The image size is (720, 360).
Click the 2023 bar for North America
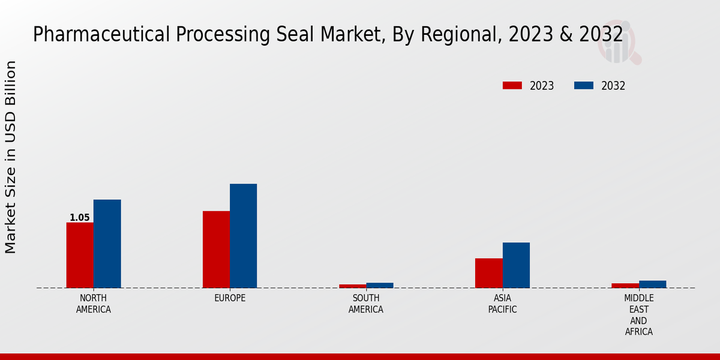tap(80, 255)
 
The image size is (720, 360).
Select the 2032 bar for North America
tap(107, 244)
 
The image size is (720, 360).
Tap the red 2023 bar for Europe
tap(216, 249)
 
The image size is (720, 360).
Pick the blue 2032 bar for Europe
tap(243, 236)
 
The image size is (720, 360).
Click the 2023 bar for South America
tap(352, 286)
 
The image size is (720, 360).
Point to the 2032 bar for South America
tap(380, 285)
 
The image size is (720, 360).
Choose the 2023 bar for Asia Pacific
tap(488, 273)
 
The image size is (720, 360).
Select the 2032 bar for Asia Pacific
tap(516, 265)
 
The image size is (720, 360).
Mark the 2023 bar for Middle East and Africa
tap(625, 286)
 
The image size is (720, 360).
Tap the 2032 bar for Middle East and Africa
tap(652, 284)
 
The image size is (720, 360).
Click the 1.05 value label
tap(79, 218)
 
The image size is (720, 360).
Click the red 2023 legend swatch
tap(512, 86)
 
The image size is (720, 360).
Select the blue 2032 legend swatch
tap(583, 86)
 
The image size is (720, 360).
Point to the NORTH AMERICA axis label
tap(93, 304)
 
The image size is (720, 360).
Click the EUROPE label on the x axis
tap(230, 298)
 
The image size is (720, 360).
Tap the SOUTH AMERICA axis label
tap(366, 304)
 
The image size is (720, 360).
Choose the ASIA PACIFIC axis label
tap(502, 304)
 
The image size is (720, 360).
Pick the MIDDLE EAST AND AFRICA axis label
tap(638, 315)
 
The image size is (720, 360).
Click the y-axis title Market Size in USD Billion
tap(11, 157)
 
